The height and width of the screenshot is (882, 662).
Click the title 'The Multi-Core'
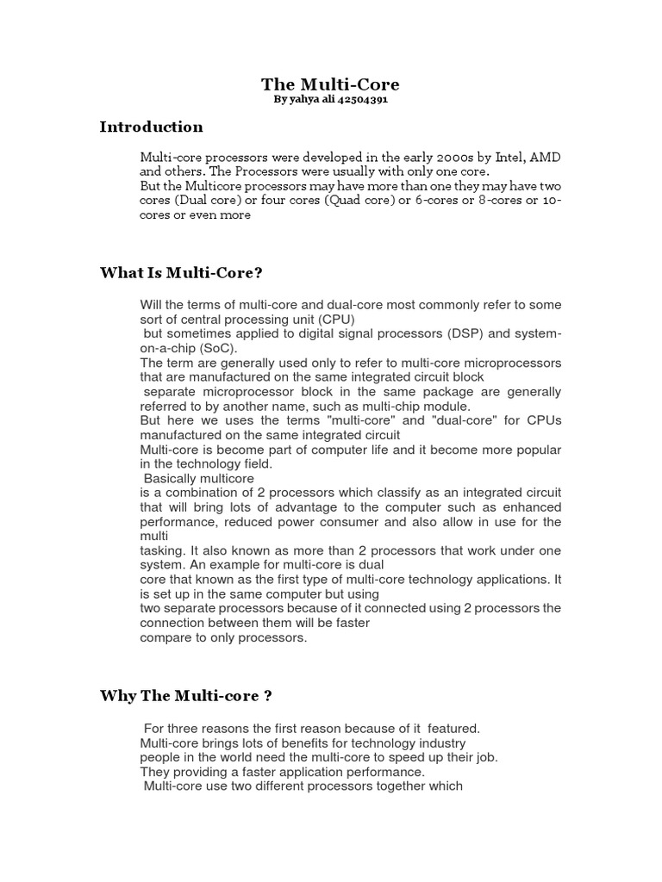click(x=330, y=84)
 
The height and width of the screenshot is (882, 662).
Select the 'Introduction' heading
click(x=152, y=127)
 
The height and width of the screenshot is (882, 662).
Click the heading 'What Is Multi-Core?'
click(x=181, y=273)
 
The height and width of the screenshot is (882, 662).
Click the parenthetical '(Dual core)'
click(x=204, y=201)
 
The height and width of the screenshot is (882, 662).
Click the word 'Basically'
click(x=170, y=478)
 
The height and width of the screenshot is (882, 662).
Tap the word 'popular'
click(x=534, y=450)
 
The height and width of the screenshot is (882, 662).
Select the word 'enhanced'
click(x=534, y=507)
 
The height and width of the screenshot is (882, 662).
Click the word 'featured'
click(x=453, y=728)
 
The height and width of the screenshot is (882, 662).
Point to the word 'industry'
click(x=442, y=742)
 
